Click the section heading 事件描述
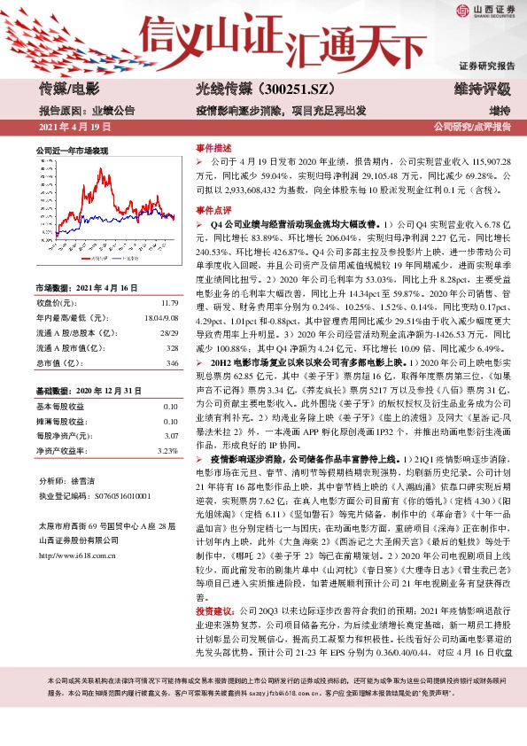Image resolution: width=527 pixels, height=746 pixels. click(x=213, y=148)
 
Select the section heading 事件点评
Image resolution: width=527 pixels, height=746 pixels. click(x=213, y=212)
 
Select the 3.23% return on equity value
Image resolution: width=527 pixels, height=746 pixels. click(x=167, y=452)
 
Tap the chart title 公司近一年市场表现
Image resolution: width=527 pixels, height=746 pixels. click(x=72, y=152)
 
